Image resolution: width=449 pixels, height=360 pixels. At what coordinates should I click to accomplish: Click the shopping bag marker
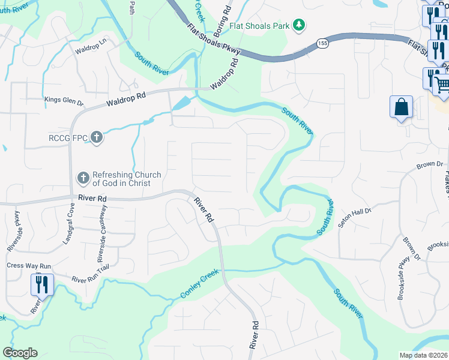coord(401,107)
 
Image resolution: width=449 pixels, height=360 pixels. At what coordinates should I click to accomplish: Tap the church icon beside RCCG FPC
coord(97,138)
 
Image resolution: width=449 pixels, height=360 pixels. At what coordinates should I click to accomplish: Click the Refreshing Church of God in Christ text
coord(127,179)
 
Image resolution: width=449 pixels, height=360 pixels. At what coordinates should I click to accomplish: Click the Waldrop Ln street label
coord(90,48)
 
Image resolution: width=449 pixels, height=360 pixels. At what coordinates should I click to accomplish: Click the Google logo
coord(20,353)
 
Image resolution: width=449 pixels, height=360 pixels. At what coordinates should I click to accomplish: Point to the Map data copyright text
coord(424,355)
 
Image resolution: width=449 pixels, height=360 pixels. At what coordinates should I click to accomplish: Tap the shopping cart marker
coord(442,85)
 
